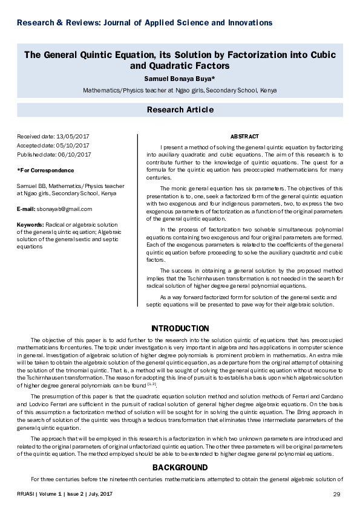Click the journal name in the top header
point(145,23)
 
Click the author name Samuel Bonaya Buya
point(180,79)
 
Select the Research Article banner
point(180,109)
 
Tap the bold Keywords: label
point(30,225)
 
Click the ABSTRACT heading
point(244,137)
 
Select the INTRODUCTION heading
point(180,328)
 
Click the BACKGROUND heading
point(180,467)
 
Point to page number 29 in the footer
point(337,495)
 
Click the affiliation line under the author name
point(180,90)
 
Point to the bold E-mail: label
point(28,209)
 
